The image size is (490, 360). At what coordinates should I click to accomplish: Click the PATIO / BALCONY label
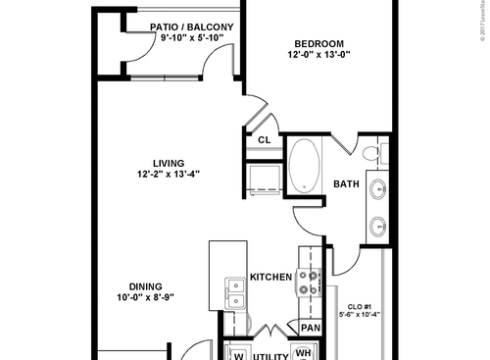192,26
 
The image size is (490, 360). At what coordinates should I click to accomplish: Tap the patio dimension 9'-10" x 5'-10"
192,38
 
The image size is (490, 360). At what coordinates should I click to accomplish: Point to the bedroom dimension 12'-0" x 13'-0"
318,56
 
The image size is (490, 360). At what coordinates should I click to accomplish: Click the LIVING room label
169,163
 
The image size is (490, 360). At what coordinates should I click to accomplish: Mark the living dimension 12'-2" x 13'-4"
169,175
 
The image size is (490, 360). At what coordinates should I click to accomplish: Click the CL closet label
264,140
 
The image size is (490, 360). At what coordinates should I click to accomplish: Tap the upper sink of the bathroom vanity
378,190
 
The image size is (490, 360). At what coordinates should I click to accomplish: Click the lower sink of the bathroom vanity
378,226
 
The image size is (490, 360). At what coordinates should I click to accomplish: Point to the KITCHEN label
271,278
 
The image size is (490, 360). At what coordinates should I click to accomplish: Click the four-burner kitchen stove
311,283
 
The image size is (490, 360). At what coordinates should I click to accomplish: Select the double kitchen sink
234,291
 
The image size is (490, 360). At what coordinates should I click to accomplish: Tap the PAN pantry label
311,328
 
